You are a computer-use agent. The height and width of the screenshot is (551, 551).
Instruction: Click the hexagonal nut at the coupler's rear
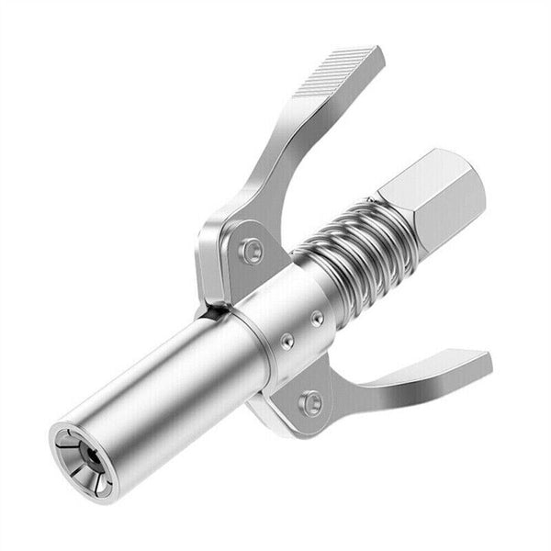pos(424,197)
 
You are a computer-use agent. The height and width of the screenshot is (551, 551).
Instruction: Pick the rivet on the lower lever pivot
pos(312,401)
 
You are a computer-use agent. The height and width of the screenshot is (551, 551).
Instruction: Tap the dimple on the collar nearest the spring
pos(317,319)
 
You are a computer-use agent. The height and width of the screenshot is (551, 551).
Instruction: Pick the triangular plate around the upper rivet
pos(230,253)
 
